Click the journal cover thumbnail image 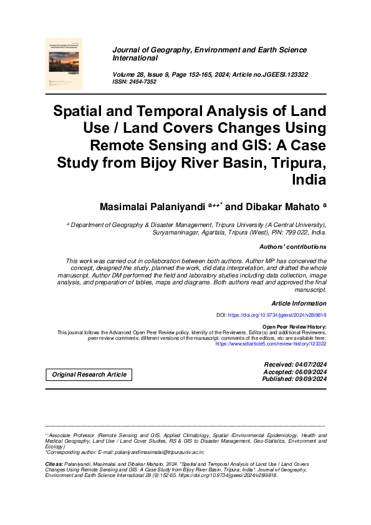[64, 63]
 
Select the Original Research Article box [89, 375]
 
